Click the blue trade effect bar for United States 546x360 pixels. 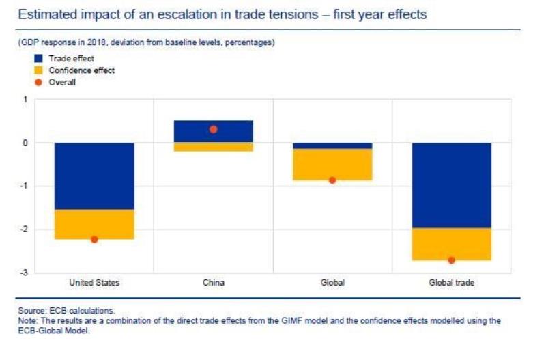[94, 176]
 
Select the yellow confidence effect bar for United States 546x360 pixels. [94, 225]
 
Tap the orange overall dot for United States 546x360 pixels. [94, 239]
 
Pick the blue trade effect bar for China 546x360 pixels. [214, 131]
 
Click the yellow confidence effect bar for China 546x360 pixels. [214, 147]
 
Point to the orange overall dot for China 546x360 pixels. [214, 129]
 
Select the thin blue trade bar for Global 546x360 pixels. [332, 146]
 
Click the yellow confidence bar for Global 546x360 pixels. [332, 165]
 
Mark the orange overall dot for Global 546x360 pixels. [332, 180]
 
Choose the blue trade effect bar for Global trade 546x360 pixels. [452, 185]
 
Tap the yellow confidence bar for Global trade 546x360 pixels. [452, 245]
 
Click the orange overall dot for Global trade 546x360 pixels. [452, 260]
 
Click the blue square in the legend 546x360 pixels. [38, 59]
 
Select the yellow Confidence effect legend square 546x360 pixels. [38, 70]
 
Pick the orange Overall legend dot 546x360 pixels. [38, 82]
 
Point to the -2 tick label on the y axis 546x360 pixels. [24, 230]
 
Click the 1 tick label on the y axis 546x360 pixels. [25, 100]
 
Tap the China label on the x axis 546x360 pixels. [214, 282]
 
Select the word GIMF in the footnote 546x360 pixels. [292, 320]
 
